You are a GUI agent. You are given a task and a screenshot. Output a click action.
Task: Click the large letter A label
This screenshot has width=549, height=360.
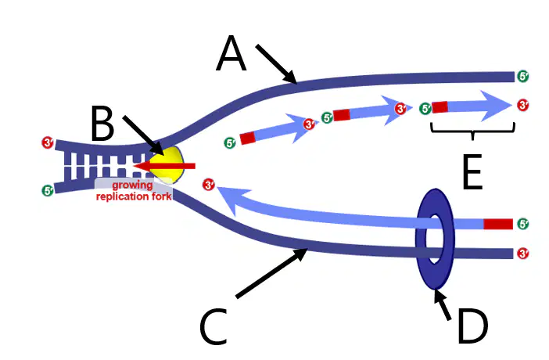(x=231, y=53)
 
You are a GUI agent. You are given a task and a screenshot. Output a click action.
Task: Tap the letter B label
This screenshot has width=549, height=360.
(x=102, y=124)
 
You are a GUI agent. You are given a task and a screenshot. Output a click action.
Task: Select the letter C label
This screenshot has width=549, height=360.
(x=213, y=326)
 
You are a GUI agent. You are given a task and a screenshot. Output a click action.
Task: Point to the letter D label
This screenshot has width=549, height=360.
(x=472, y=326)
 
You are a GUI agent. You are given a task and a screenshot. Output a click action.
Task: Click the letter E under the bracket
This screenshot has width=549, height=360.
(x=472, y=172)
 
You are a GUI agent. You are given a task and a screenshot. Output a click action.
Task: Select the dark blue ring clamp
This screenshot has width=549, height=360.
(x=435, y=239)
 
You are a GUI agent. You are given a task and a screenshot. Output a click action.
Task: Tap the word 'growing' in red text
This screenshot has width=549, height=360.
(x=132, y=185)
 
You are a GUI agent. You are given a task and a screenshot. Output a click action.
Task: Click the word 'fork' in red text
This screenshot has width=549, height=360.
(x=162, y=196)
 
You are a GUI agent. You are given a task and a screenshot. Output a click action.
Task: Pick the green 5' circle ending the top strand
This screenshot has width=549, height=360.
(x=522, y=76)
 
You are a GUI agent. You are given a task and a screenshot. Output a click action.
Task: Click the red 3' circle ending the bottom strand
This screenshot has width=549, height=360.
(x=522, y=253)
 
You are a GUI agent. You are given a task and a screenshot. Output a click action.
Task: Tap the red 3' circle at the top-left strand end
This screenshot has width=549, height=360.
(x=48, y=142)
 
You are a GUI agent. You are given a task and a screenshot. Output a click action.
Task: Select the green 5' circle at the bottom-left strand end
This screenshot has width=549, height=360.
(x=48, y=191)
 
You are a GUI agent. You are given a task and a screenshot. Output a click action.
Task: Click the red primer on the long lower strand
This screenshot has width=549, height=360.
(x=498, y=224)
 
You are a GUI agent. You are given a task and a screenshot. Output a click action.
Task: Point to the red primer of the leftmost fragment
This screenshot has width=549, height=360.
(x=248, y=138)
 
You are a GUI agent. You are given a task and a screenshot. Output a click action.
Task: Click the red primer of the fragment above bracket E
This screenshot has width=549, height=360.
(x=440, y=107)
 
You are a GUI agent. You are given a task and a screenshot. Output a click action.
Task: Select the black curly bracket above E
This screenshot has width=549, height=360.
(x=472, y=131)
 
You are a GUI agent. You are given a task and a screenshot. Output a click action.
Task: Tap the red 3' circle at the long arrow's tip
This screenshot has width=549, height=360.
(x=209, y=185)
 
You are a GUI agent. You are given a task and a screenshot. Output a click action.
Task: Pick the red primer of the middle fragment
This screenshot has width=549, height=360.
(x=342, y=114)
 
